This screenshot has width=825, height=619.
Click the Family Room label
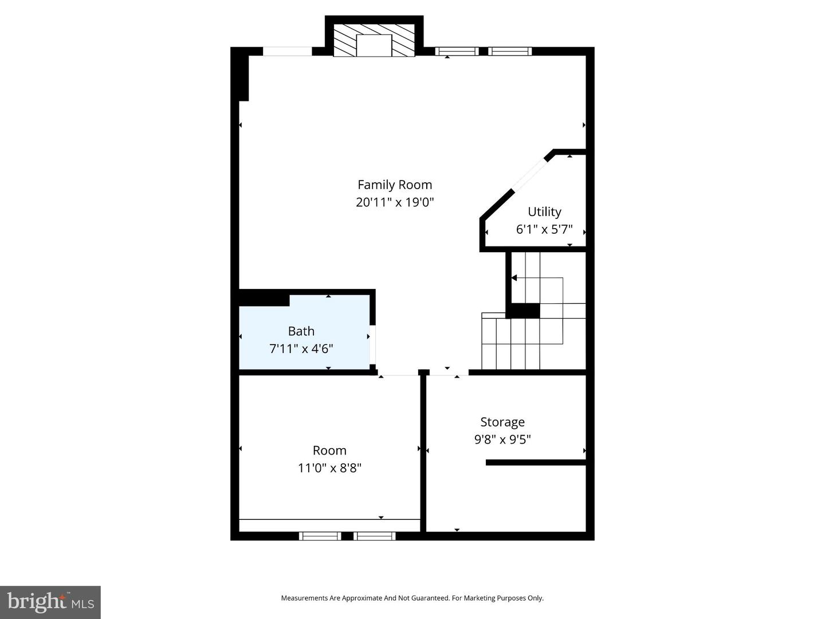[x=395, y=185]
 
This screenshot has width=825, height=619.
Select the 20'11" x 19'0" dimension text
[x=395, y=202]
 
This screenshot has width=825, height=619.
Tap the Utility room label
[x=544, y=211]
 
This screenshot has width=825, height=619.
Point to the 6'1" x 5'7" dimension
[x=544, y=229]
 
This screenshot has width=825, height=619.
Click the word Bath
[x=301, y=331]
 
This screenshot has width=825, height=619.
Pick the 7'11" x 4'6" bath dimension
[x=301, y=348]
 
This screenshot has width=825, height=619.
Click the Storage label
[x=502, y=422]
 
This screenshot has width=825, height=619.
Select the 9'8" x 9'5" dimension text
[x=502, y=440]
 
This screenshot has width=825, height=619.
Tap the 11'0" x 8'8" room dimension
[x=329, y=468]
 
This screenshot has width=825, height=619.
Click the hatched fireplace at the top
[x=374, y=41]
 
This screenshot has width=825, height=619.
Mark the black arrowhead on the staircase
[x=514, y=278]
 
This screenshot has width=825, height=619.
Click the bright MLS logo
[x=50, y=602]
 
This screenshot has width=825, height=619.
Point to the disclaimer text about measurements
[x=412, y=598]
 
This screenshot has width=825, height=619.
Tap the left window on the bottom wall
[x=320, y=536]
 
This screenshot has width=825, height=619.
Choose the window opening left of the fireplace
[x=287, y=52]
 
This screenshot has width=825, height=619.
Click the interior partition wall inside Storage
[x=536, y=462]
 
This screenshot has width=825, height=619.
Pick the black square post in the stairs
[x=523, y=311]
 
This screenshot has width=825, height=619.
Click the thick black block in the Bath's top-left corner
[x=264, y=299]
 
